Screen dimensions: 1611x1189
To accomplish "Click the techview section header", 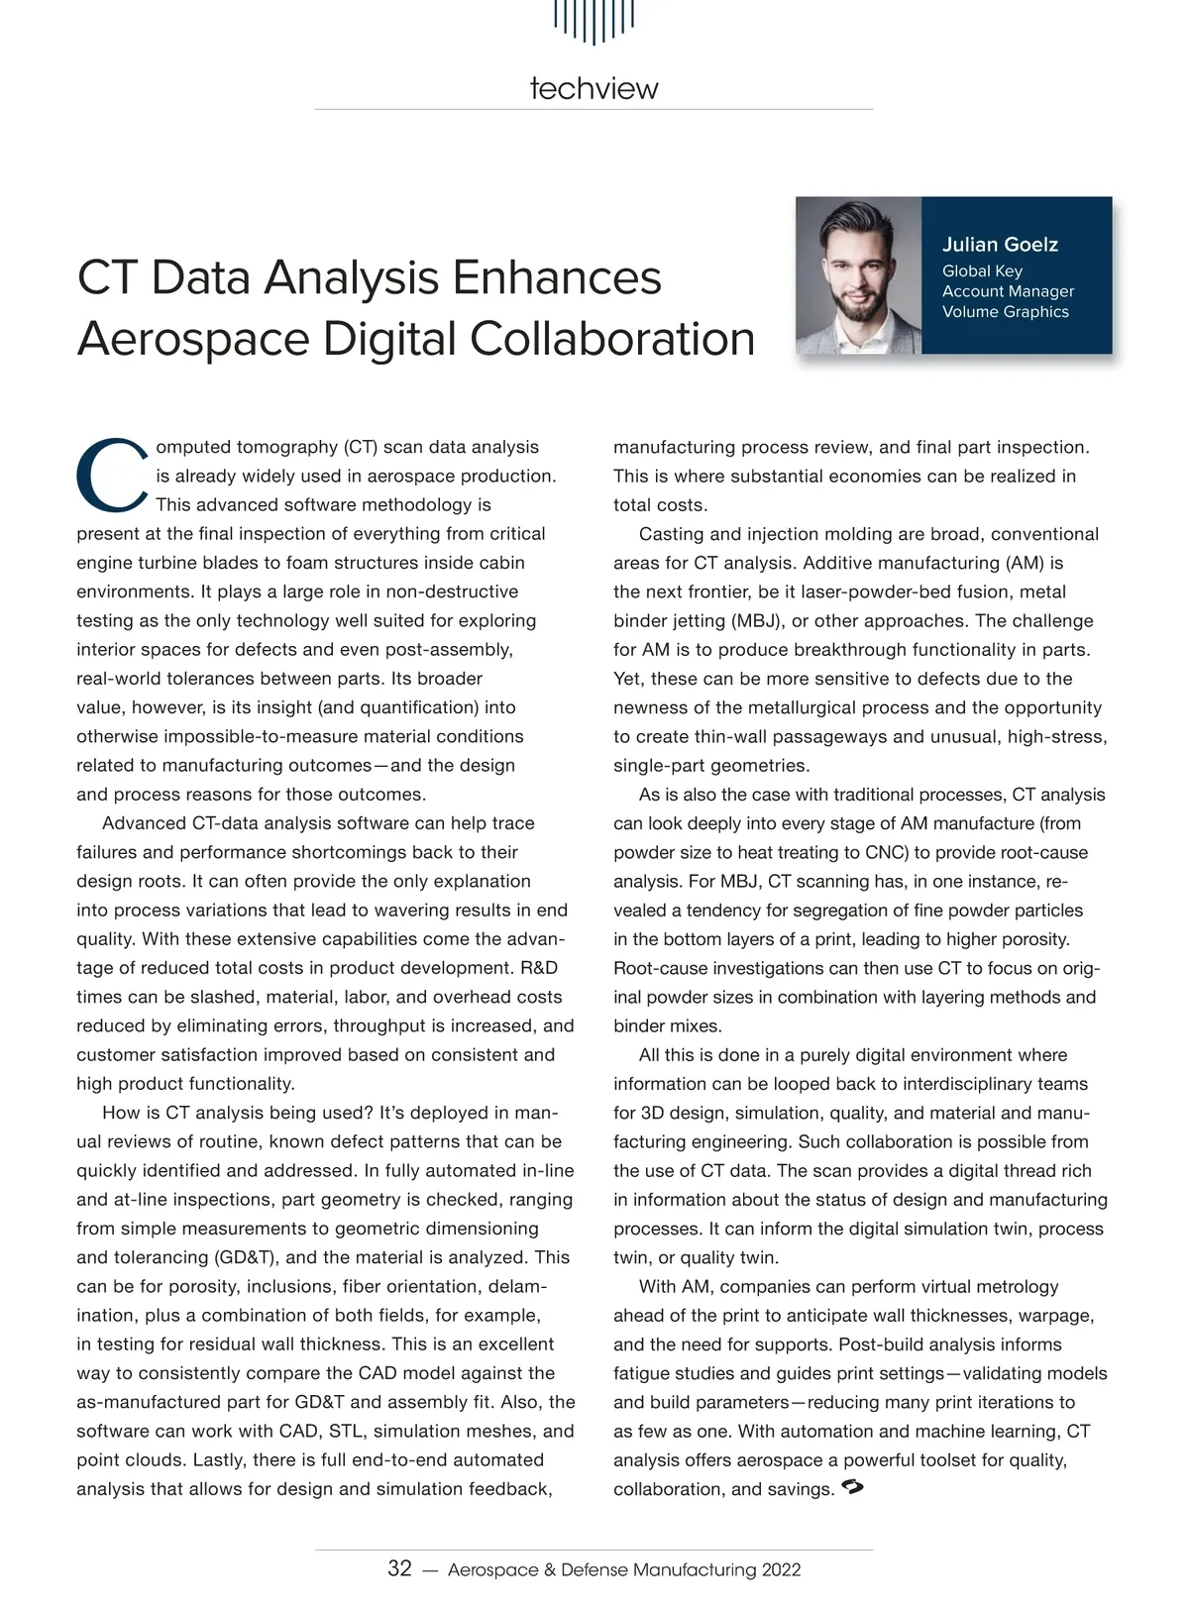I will [x=594, y=88].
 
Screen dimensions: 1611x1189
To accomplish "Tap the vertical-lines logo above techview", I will [x=594, y=20].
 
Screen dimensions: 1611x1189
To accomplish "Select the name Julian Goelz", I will [x=1000, y=245].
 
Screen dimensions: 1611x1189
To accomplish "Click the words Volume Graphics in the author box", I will [x=1005, y=312].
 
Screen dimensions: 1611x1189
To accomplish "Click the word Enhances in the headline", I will [x=557, y=277].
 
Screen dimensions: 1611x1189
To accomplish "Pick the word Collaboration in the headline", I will [x=611, y=339].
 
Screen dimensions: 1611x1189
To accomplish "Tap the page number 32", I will [x=399, y=1568].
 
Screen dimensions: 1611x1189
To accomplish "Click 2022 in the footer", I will [x=781, y=1569].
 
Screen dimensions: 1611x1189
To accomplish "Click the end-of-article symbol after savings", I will [x=851, y=1487].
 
